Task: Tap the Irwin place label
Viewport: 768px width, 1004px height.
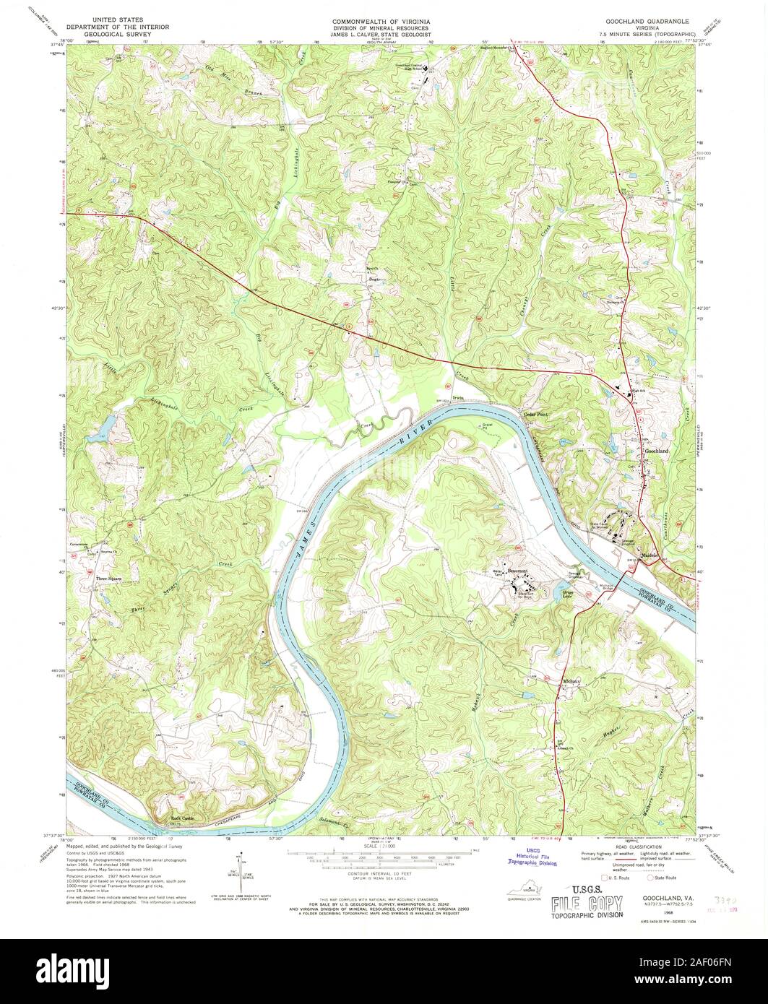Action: [458, 397]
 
